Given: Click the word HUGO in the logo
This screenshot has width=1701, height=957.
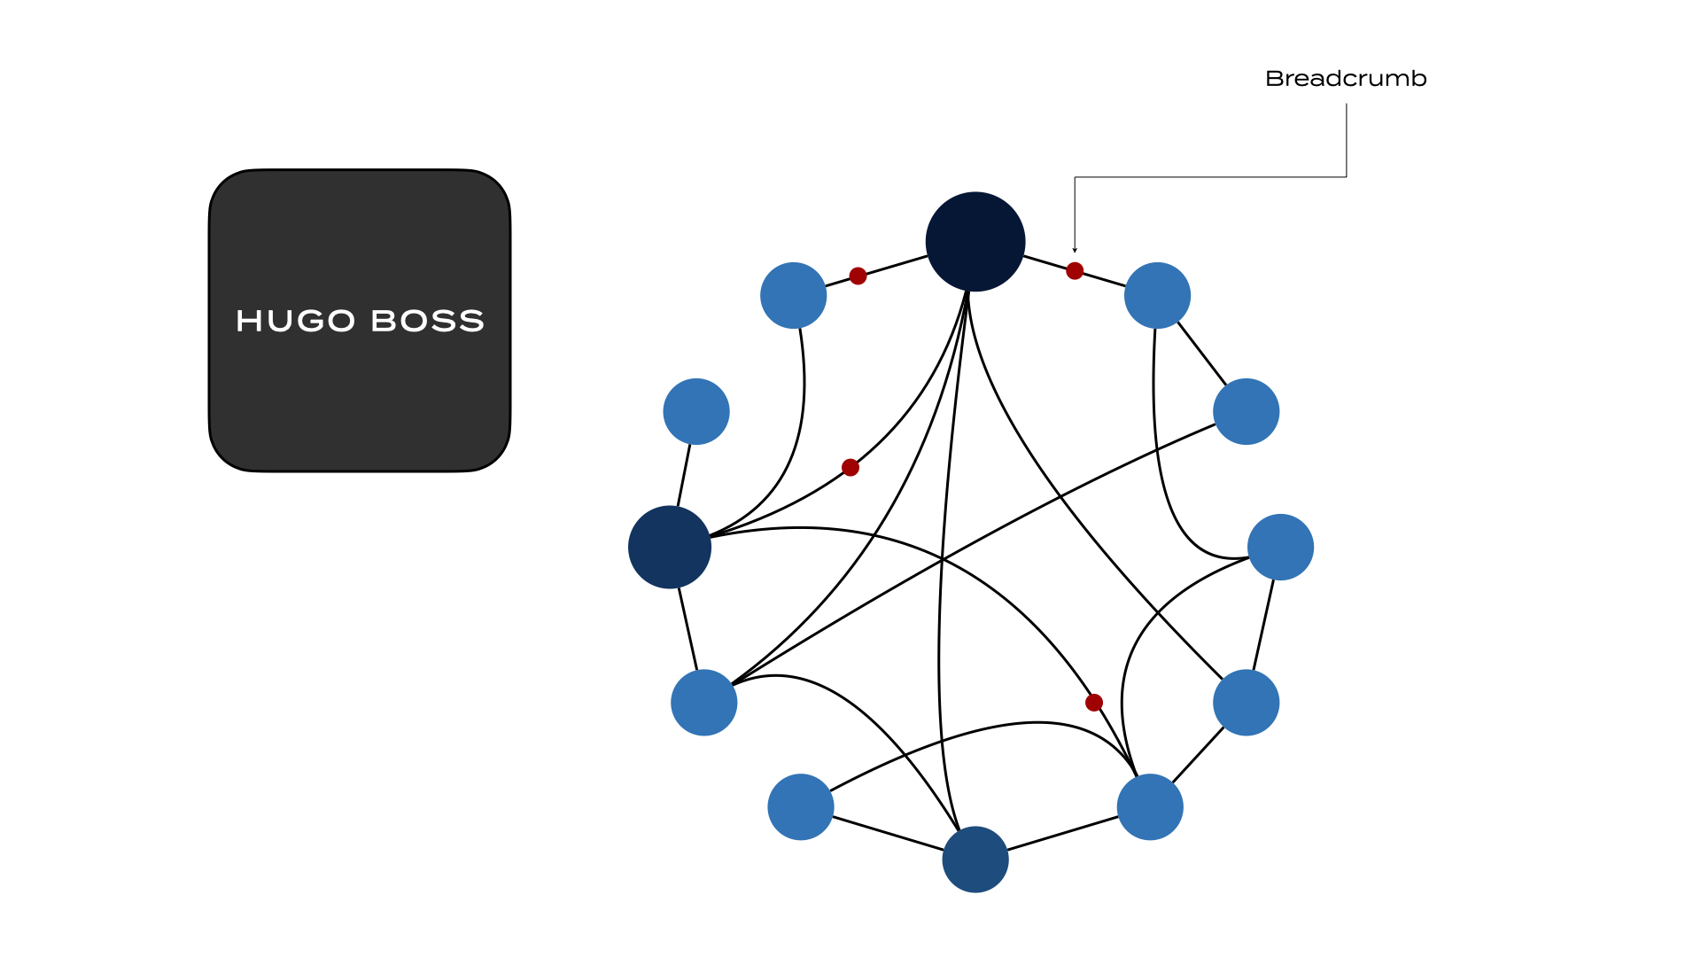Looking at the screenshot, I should [x=295, y=321].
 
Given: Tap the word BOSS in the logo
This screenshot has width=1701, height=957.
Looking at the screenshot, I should [x=427, y=321].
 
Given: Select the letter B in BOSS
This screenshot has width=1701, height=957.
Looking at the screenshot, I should [x=384, y=321].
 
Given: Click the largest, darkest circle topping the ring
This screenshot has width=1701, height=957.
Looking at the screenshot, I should [x=975, y=242].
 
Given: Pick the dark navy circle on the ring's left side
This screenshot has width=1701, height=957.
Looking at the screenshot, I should [x=670, y=547].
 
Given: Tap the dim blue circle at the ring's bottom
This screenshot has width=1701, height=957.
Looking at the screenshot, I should [x=975, y=860].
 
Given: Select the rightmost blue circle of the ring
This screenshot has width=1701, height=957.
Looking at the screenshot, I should [x=1280, y=547].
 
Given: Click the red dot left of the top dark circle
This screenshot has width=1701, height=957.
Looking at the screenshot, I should [x=858, y=276].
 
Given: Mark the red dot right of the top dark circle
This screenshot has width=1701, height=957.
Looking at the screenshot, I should [x=1075, y=270].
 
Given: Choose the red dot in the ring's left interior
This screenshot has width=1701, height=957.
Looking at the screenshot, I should [x=850, y=467].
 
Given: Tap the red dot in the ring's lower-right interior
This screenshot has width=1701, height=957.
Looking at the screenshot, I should [x=1094, y=703].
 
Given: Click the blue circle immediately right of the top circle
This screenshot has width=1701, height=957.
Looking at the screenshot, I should [x=1157, y=295].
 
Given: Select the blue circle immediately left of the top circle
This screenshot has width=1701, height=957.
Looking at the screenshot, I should [x=794, y=295].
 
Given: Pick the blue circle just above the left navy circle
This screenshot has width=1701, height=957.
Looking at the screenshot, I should [x=696, y=411].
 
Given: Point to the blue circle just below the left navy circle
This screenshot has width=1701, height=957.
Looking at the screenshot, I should [x=704, y=703].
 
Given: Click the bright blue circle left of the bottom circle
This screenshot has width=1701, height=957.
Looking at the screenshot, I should [x=801, y=807].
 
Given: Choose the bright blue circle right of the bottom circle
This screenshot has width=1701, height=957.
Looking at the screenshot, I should [x=1150, y=807].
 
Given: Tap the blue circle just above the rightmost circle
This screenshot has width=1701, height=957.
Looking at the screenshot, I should [x=1247, y=411].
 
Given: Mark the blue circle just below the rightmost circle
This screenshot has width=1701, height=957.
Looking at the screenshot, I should [x=1247, y=703].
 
